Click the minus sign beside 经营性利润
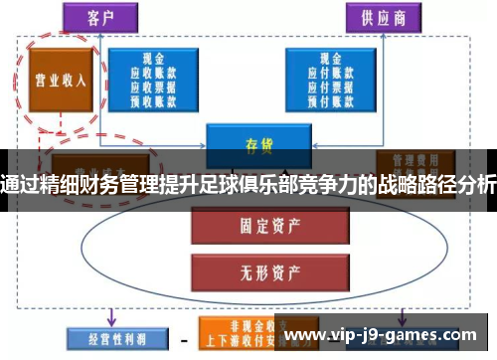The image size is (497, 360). pyautogui.click(x=183, y=335)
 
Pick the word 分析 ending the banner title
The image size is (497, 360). pyautogui.click(x=473, y=183)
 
